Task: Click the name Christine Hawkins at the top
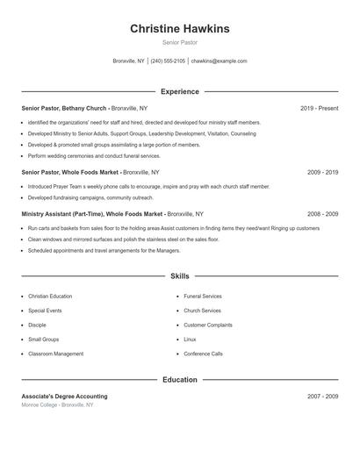(x=180, y=29)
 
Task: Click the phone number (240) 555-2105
(x=168, y=61)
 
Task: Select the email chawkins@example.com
(x=219, y=61)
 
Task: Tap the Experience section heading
(x=180, y=91)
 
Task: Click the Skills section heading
(x=180, y=276)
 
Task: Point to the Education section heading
(x=180, y=380)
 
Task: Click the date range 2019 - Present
(x=319, y=108)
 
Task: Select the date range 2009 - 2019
(x=322, y=173)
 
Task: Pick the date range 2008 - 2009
(x=322, y=214)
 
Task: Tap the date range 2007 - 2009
(x=322, y=397)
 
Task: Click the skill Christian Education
(x=50, y=297)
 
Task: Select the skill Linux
(x=190, y=340)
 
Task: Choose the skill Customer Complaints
(x=208, y=325)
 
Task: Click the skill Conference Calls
(x=203, y=354)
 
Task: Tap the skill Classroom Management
(x=55, y=354)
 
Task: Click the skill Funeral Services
(x=203, y=297)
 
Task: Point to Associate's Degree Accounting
(x=64, y=397)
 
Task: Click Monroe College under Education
(x=40, y=405)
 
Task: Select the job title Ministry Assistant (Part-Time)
(x=65, y=214)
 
